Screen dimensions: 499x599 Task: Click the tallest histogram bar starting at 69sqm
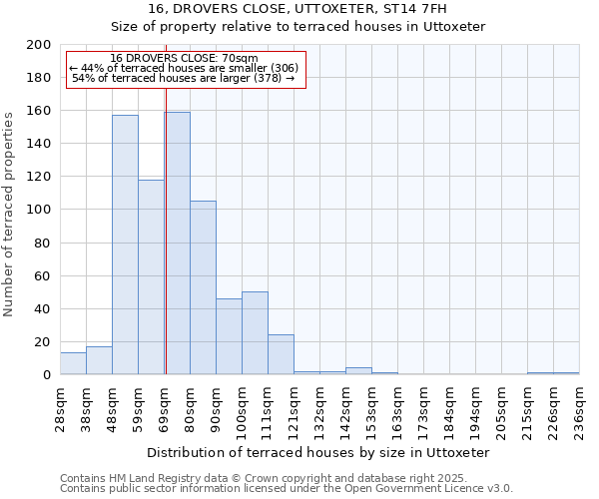178,244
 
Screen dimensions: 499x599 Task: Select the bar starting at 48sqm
125,245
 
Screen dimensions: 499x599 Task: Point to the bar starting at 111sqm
281,354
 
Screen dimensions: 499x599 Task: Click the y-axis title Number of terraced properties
9,214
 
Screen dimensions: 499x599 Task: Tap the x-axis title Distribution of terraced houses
324,452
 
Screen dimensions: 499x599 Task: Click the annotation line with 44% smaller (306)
184,68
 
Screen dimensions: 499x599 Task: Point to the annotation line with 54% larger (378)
184,78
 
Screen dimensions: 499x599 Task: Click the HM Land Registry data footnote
256,478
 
